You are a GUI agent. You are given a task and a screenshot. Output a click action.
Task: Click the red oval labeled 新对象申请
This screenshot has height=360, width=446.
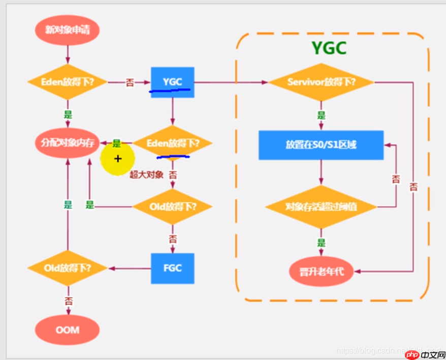pos(67,30)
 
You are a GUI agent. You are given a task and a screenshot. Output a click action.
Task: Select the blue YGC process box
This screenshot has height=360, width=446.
pos(172,82)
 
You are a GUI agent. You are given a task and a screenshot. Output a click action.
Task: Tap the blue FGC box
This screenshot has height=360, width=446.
pos(173,268)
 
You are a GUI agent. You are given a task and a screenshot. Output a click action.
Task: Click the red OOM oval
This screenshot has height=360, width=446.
pos(67,329)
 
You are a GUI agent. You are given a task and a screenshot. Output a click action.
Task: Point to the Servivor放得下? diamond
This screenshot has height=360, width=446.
pos(321,82)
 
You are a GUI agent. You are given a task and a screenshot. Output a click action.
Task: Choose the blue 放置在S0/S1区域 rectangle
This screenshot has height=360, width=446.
pos(321,145)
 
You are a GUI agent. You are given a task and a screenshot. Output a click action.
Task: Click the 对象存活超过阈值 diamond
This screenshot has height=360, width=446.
pos(321,207)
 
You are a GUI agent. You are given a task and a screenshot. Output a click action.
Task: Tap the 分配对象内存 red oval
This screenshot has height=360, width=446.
pos(67,143)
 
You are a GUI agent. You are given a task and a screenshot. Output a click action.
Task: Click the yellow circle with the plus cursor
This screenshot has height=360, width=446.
pos(117,159)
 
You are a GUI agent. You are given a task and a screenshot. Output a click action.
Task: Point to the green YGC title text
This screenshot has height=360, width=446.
pos(329,48)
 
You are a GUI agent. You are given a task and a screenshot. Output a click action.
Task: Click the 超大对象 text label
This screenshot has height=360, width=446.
pos(146,175)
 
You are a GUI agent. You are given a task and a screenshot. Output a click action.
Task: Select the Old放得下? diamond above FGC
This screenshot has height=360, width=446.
pos(172,206)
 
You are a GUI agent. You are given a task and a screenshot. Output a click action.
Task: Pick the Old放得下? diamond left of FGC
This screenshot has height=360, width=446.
pos(67,268)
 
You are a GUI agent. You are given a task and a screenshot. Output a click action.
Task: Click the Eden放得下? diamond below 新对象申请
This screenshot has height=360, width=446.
pos(67,82)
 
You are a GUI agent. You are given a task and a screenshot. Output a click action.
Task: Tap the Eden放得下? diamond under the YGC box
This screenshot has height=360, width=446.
pos(172,143)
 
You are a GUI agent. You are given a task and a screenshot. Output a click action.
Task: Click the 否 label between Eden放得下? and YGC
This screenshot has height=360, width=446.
pos(130,82)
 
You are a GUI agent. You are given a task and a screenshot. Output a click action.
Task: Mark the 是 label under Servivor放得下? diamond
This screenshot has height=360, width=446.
pos(321,115)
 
